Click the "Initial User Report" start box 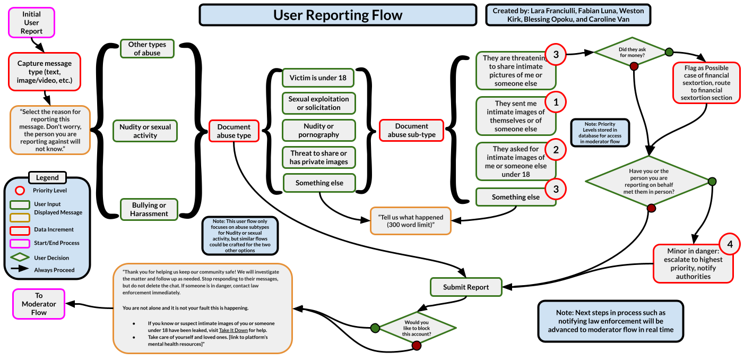(31, 23)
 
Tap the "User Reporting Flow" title (338, 15)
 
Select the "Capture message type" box (45, 72)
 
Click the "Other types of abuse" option (147, 49)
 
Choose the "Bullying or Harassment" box (149, 209)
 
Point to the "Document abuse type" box (233, 131)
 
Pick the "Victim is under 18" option (318, 78)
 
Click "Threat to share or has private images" (318, 158)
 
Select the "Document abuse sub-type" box (411, 131)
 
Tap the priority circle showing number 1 (556, 102)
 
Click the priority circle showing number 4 (730, 245)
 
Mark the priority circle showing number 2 (556, 150)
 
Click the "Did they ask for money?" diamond (631, 52)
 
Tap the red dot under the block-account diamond (416, 346)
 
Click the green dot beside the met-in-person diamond (712, 182)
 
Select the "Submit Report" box (466, 287)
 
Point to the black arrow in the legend (20, 269)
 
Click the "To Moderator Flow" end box (39, 304)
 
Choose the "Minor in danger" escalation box (693, 263)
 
